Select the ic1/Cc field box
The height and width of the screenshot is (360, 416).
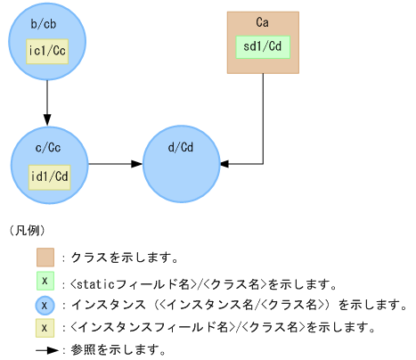(x=47, y=51)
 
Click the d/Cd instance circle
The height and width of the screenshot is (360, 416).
(x=181, y=164)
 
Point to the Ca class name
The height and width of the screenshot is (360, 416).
(x=263, y=21)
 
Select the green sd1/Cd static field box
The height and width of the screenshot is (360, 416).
(x=263, y=45)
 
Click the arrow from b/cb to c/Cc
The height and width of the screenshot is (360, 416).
(x=47, y=102)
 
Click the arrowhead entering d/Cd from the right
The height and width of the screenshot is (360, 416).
(x=224, y=164)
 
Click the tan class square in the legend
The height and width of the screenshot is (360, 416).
(x=46, y=258)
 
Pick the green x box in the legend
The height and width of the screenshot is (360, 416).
(x=46, y=282)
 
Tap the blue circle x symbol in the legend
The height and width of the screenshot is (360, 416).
(x=46, y=305)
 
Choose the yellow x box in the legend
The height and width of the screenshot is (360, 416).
(x=46, y=328)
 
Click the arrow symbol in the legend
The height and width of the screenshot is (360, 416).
(x=46, y=350)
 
